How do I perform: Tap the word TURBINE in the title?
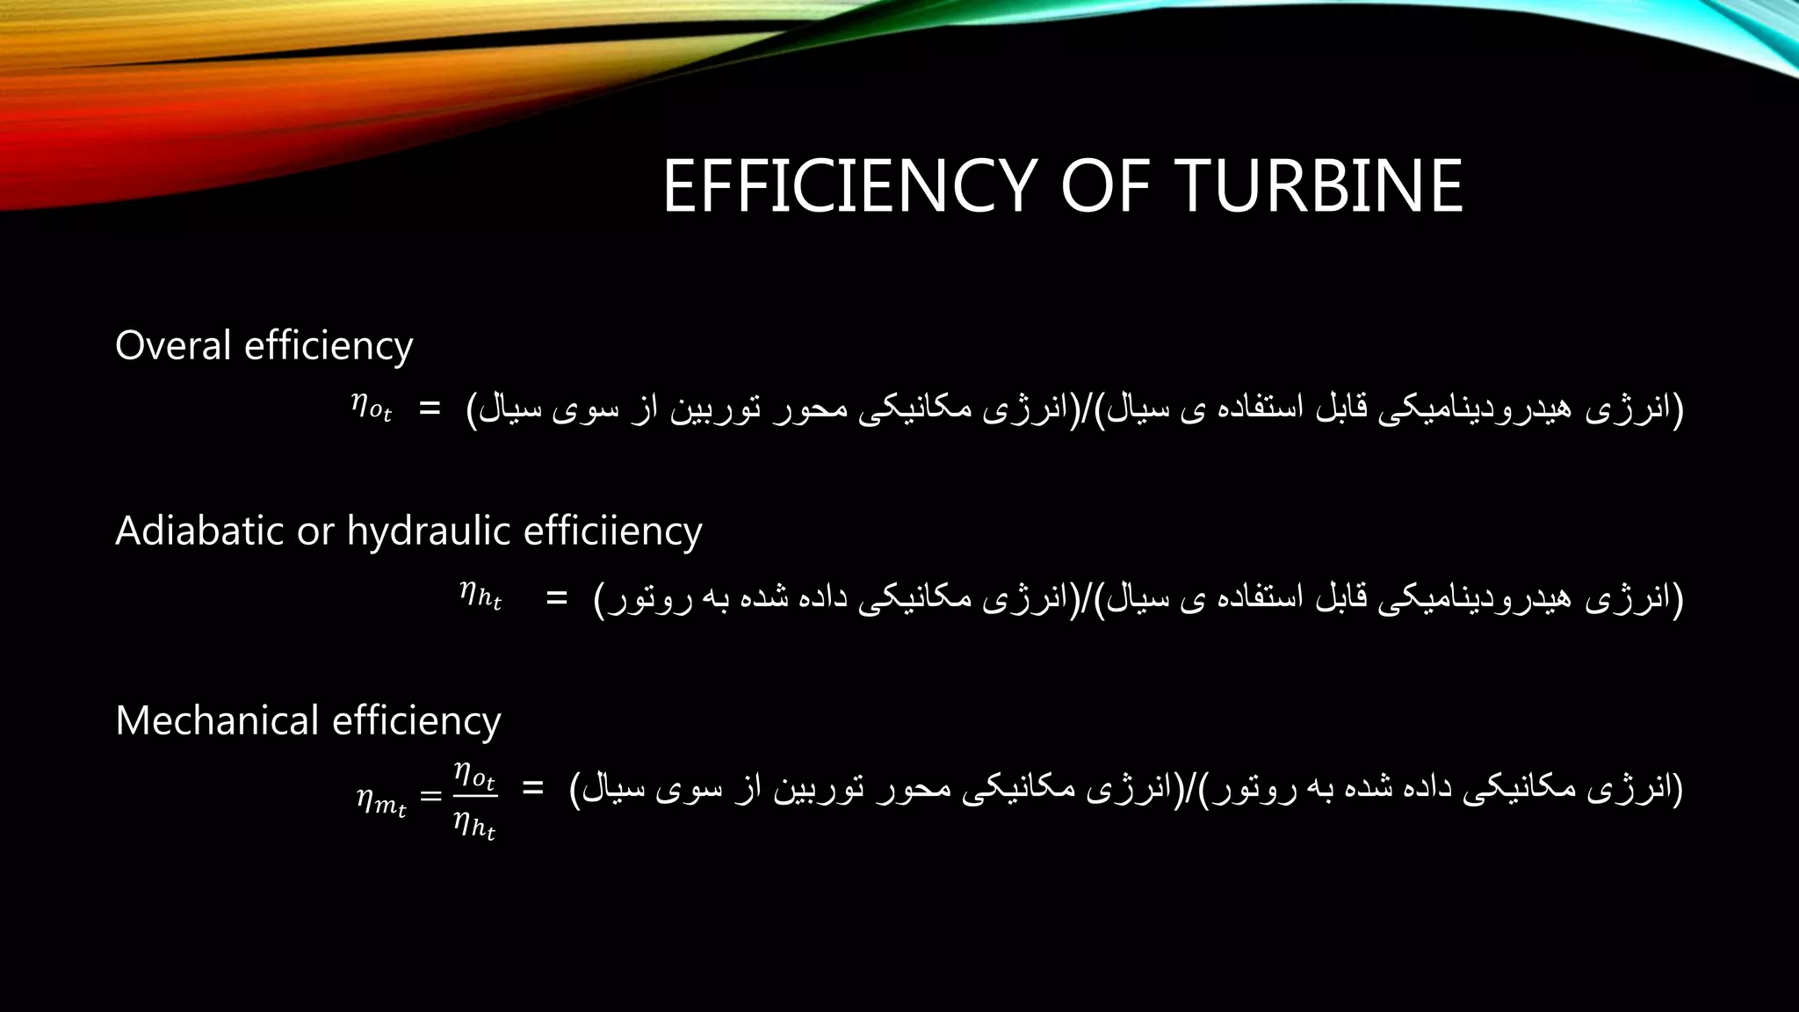point(1319,186)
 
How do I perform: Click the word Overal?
point(173,345)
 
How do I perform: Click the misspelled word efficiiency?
point(612,531)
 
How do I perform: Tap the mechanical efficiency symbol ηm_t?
point(381,800)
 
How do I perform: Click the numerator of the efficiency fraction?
point(474,775)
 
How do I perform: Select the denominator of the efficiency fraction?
point(474,825)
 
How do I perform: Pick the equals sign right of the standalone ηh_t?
point(556,598)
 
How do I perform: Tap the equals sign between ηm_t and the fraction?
point(430,796)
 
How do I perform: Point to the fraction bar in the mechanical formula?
point(474,798)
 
